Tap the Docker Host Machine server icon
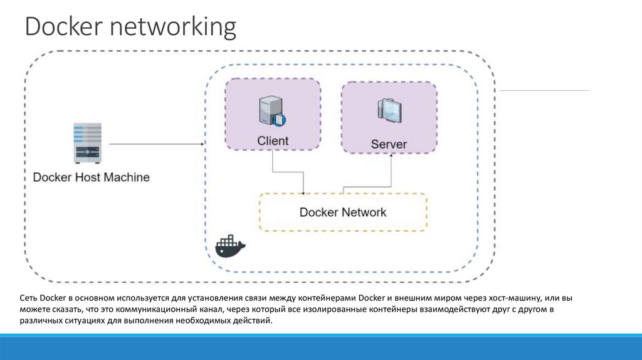[x=87, y=143]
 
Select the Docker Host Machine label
[x=91, y=177]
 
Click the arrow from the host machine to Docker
[x=157, y=144]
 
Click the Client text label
[x=273, y=140]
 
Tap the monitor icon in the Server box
[x=389, y=112]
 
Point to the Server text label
[x=389, y=144]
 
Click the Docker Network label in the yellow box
[x=343, y=212]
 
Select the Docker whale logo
[x=230, y=246]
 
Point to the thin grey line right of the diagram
[x=544, y=90]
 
